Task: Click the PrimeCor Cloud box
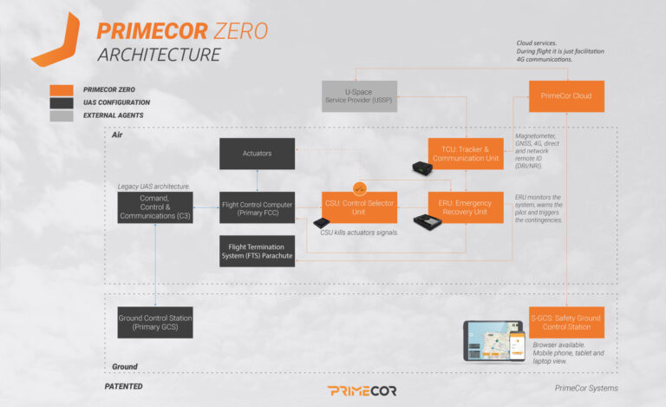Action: (x=566, y=96)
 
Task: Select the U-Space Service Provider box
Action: (x=359, y=96)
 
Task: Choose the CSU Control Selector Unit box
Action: (x=359, y=207)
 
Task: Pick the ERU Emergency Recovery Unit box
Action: (x=466, y=207)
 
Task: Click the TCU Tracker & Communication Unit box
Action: (x=466, y=154)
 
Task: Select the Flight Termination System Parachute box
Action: (x=256, y=250)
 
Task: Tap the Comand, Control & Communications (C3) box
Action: (x=154, y=207)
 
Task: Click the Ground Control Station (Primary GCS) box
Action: (x=154, y=322)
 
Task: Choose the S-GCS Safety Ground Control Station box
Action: (x=566, y=322)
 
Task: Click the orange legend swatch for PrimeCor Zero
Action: (x=61, y=89)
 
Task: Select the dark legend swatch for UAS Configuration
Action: (x=61, y=102)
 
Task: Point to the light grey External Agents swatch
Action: (x=61, y=115)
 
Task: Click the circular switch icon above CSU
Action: (x=359, y=187)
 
